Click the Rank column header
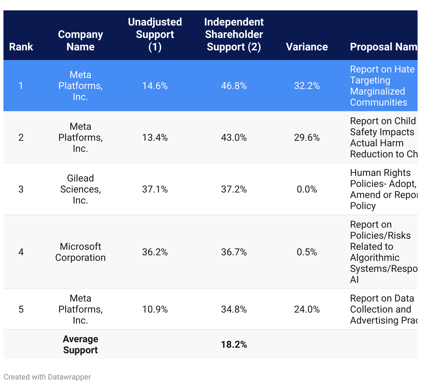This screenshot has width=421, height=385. pos(21,47)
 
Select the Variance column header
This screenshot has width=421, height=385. pos(307,47)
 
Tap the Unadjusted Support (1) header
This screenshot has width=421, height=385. pos(155,34)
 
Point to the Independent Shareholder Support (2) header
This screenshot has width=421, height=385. pos(234,34)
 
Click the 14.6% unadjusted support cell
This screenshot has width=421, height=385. pos(155,86)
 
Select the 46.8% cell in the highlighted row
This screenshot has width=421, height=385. pos(234,86)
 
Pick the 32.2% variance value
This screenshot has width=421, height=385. pos(307,86)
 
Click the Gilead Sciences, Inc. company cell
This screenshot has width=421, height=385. pos(80,189)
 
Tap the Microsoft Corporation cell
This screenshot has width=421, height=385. pos(80,252)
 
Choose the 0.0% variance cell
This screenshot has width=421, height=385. pos(307,189)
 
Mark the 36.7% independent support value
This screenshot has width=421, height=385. pos(234,252)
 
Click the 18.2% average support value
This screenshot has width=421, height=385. pos(234,345)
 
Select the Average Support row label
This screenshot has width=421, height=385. pos(80,344)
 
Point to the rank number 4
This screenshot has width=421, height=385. pos(21,252)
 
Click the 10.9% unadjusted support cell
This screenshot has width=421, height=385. pos(155,309)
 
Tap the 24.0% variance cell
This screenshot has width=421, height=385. pos(307,309)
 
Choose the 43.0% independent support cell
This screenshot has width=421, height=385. pos(234,138)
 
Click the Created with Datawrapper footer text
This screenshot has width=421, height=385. pos(47,377)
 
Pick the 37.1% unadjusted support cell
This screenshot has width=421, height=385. pos(155,189)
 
